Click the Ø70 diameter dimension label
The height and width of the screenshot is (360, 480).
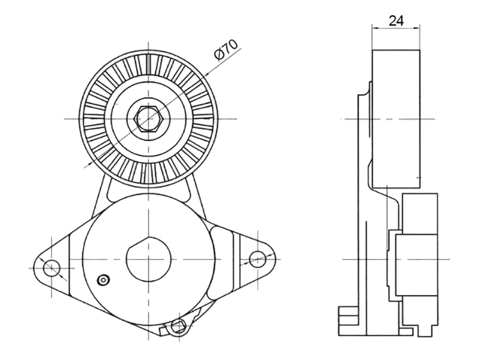click(226, 49)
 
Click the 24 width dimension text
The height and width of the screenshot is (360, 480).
click(396, 21)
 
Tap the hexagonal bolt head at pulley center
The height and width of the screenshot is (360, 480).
click(148, 119)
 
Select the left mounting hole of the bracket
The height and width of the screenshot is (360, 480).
click(52, 268)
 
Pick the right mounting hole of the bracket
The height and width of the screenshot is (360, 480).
click(257, 259)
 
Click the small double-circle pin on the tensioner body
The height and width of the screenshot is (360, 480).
click(103, 280)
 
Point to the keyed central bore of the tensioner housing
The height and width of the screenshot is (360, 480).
click(148, 259)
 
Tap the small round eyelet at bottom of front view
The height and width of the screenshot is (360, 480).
click(178, 326)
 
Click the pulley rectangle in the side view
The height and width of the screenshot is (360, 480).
click(396, 119)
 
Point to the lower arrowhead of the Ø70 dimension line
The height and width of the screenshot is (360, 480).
click(88, 165)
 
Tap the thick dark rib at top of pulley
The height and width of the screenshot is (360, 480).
click(148, 64)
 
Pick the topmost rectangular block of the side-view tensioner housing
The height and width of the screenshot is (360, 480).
click(419, 214)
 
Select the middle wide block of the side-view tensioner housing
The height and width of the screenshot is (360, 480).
click(416, 265)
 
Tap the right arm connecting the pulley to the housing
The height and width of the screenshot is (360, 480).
click(196, 197)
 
